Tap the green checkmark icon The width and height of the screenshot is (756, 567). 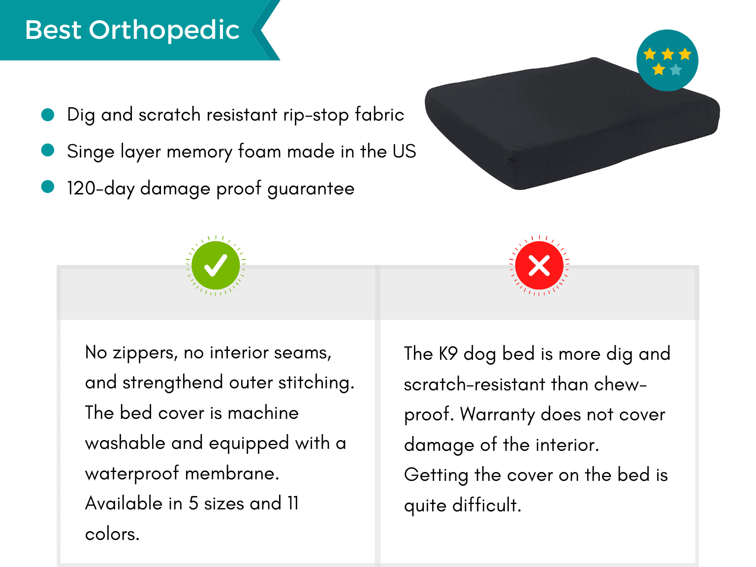click(x=216, y=265)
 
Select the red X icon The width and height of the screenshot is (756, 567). click(x=539, y=265)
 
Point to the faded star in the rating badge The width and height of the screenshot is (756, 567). click(x=676, y=69)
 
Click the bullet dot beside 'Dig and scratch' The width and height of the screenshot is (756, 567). click(x=48, y=115)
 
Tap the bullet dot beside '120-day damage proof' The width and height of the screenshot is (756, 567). click(x=48, y=187)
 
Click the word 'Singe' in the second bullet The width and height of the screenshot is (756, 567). click(x=91, y=152)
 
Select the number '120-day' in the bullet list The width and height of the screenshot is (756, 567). click(x=100, y=189)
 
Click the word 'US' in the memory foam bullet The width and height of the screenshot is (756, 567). click(x=404, y=151)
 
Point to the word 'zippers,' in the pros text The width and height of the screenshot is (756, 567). click(x=145, y=353)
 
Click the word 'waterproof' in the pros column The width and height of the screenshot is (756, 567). click(x=132, y=474)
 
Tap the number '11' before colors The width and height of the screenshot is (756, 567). click(x=293, y=504)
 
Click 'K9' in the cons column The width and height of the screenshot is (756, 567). click(x=448, y=353)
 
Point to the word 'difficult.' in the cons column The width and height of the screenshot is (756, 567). click(x=487, y=505)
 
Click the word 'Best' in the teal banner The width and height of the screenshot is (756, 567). click(x=53, y=30)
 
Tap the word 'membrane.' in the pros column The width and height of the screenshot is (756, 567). click(x=232, y=473)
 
